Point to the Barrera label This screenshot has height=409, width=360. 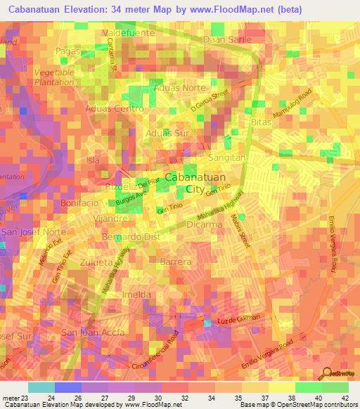pos(176,261)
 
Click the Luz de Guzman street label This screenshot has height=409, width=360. pos(240,319)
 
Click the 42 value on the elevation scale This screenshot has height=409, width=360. pos(345,398)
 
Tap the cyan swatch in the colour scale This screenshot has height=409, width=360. pos(41,387)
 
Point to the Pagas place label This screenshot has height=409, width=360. pos(67,51)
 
